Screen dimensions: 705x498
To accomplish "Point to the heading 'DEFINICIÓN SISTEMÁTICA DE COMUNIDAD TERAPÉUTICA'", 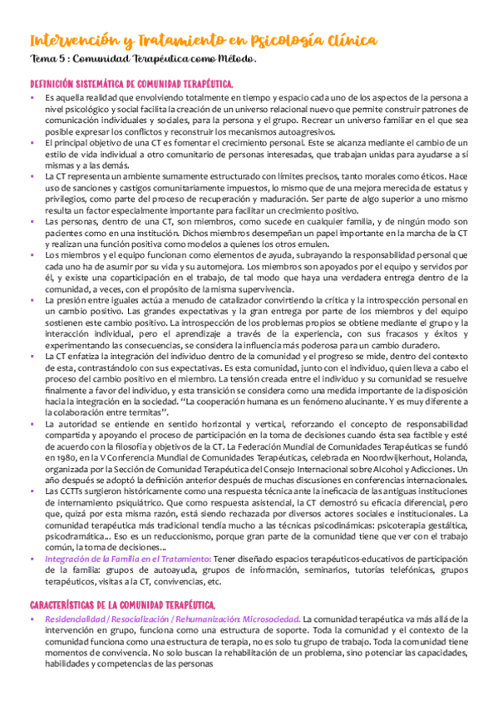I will pyautogui.click(x=132, y=84).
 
